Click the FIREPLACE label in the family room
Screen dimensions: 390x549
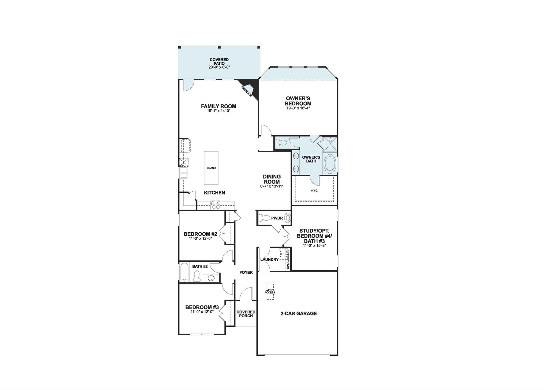[x=246, y=91]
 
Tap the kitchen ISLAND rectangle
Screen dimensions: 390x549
[x=211, y=168]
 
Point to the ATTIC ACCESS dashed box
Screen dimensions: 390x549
[x=270, y=291]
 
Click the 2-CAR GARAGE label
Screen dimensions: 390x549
[x=298, y=313]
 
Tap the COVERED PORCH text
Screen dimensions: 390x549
[x=246, y=314]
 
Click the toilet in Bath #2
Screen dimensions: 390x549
[x=197, y=276]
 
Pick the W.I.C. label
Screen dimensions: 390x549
[x=314, y=191]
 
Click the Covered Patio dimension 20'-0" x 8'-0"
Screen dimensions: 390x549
[x=219, y=67]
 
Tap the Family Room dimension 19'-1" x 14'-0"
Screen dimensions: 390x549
[x=218, y=110]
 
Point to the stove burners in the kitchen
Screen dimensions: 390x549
[x=216, y=205]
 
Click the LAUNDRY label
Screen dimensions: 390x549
[x=269, y=259]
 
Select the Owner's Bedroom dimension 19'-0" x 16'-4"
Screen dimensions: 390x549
[x=298, y=108]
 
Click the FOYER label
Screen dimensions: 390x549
[x=246, y=272]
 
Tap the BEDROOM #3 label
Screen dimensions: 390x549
[x=202, y=307]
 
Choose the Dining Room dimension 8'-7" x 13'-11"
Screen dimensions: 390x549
[x=272, y=186]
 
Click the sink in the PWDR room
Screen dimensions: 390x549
[x=287, y=218]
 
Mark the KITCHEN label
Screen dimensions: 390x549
[x=214, y=192]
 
